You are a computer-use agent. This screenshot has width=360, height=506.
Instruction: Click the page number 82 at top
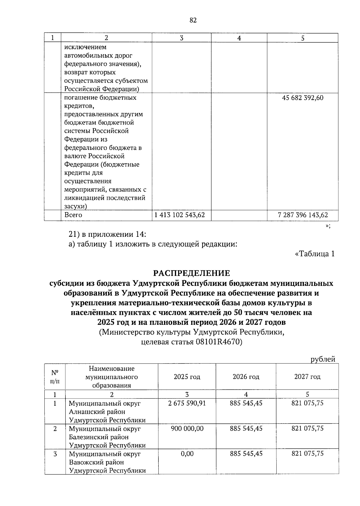coord(193,20)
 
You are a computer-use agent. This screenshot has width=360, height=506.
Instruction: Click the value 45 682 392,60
coord(303,98)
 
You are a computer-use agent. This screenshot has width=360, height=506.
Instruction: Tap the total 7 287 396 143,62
coord(303,215)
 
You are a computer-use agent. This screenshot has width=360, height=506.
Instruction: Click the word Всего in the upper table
coord(73,215)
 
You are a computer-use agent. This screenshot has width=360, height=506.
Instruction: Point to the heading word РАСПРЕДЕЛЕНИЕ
coord(192,273)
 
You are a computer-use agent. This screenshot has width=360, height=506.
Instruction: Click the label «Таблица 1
coord(315,254)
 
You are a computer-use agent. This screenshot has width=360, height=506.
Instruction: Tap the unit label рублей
coord(323,359)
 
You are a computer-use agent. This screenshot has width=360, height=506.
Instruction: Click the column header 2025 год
coord(187,377)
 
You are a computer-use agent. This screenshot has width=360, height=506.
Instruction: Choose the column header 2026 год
coord(246,377)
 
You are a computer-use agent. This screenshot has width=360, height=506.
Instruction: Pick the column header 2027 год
coord(307,377)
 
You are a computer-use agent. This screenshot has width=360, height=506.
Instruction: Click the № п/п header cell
coord(55,377)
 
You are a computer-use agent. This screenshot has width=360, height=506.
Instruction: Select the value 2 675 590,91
coord(187,403)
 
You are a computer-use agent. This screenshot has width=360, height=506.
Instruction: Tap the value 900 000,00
coord(187,428)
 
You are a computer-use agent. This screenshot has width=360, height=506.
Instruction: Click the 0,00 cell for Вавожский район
coord(187,453)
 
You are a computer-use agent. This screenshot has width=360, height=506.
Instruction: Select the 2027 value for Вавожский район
coord(307,453)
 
